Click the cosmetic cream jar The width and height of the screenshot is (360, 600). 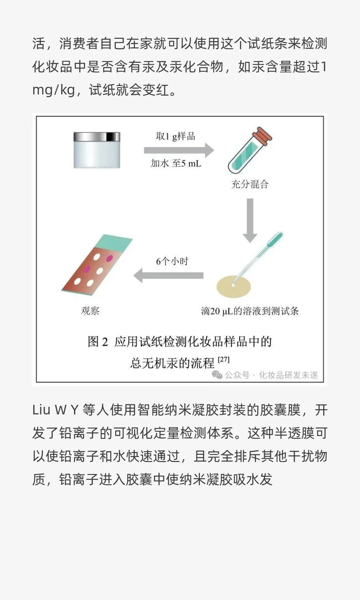point(97,150)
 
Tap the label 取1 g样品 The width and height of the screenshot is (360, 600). point(176,136)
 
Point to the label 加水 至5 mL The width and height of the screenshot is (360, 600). point(176,163)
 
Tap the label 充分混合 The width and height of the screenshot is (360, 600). point(250,184)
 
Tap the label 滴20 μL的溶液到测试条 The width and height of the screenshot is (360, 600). point(250,311)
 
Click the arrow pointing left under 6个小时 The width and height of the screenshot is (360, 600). point(168,276)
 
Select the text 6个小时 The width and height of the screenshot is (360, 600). point(172,261)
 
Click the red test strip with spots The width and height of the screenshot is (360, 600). point(94,268)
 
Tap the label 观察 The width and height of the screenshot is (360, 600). point(90,311)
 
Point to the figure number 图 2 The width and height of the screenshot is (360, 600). point(98,342)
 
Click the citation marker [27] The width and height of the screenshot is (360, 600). point(224,360)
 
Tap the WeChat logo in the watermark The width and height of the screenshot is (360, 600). point(217,375)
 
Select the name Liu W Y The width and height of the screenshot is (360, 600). point(55,410)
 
